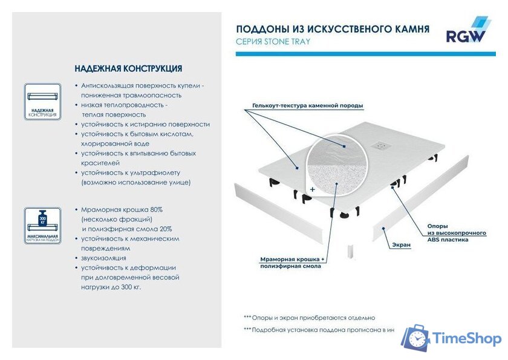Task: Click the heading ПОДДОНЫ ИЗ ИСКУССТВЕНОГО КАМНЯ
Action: click(x=333, y=28)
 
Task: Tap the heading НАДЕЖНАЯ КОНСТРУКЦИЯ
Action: click(x=128, y=68)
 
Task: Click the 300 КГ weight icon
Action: click(x=42, y=217)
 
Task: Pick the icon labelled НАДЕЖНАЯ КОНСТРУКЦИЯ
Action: click(x=42, y=100)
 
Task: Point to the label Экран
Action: click(x=401, y=245)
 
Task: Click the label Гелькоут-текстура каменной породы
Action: click(x=308, y=106)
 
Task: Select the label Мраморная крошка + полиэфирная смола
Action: click(x=293, y=263)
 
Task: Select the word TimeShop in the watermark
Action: click(x=467, y=338)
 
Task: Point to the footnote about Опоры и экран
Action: click(x=309, y=318)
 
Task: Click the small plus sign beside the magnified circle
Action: click(x=312, y=189)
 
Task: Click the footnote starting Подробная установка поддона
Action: click(x=319, y=330)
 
